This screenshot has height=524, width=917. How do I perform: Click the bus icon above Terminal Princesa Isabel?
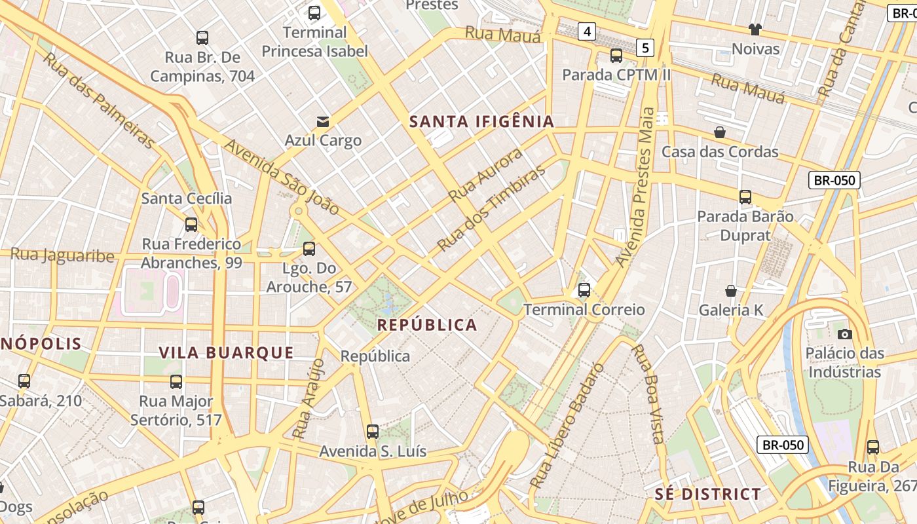[x=314, y=12]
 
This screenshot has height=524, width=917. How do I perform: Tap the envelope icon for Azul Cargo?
[x=323, y=121]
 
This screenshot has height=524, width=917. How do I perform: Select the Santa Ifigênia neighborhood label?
[x=481, y=121]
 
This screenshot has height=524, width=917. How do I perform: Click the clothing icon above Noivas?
[x=755, y=29]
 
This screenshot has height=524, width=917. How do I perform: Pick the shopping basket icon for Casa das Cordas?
[x=720, y=132]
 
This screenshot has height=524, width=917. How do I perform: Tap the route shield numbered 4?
[x=587, y=31]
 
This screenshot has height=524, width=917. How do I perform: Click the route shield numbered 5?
[x=646, y=47]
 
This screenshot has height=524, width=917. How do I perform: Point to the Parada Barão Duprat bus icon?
[x=745, y=196]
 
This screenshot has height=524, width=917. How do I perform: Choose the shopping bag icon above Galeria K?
[x=731, y=291]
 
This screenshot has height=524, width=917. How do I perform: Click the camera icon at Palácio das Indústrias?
[x=845, y=334]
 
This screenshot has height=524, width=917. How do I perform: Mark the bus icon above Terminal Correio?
[x=584, y=290]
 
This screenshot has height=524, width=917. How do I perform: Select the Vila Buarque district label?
[x=227, y=352]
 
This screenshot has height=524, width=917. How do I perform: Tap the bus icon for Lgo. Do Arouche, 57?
[x=309, y=249]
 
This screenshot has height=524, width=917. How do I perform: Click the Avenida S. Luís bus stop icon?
[x=373, y=432]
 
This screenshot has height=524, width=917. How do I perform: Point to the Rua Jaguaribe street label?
[x=63, y=255]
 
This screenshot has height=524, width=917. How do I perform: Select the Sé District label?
[x=708, y=494]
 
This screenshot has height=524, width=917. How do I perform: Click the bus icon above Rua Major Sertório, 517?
[x=176, y=382]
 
